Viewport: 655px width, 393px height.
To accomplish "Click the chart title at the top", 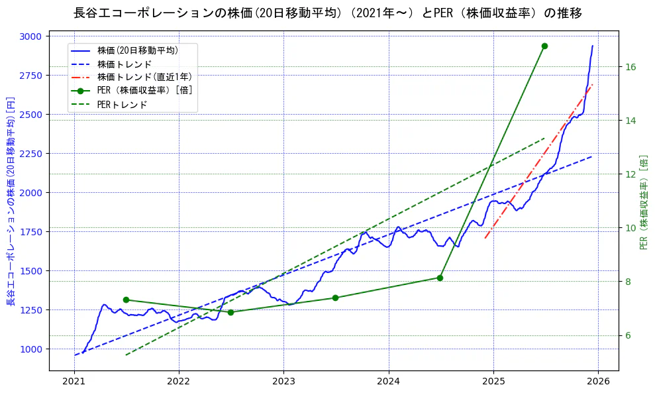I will [x=327, y=13].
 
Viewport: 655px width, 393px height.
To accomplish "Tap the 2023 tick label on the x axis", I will [x=283, y=381].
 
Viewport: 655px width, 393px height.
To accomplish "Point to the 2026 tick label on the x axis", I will [x=598, y=381].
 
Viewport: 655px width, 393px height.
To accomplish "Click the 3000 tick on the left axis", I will [x=30, y=36].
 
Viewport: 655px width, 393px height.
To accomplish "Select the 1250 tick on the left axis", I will [x=30, y=310].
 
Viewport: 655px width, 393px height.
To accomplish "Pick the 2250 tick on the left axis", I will [x=30, y=154].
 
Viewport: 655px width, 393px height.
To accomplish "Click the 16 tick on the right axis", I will [x=630, y=67].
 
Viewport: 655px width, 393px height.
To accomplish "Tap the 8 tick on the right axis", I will [x=628, y=282].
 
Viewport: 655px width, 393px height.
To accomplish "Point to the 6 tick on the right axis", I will [x=628, y=335].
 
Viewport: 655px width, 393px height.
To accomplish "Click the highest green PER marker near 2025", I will [x=544, y=46].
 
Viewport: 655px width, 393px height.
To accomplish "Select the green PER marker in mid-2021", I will [x=126, y=300].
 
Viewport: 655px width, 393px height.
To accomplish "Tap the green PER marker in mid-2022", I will [x=230, y=312].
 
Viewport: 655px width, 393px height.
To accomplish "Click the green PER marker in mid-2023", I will [x=335, y=298].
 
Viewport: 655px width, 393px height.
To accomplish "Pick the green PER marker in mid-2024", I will [x=440, y=278].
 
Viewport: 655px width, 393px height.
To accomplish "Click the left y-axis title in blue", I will [x=11, y=201].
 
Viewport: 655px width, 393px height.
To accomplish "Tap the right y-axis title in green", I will [x=644, y=201].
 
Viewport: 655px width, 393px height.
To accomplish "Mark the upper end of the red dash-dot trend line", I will [x=592, y=85].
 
